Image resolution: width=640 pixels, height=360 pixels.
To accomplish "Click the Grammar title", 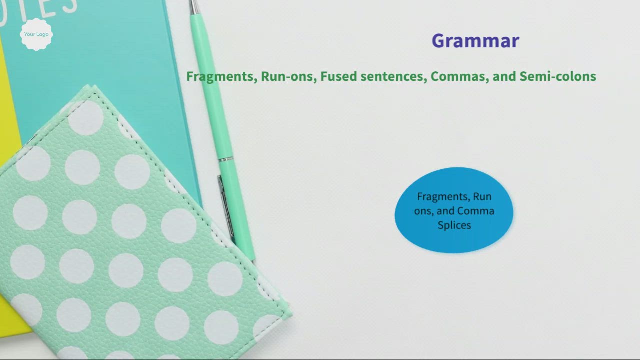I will (x=475, y=41).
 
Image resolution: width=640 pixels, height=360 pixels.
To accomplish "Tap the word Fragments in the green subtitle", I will (x=220, y=76).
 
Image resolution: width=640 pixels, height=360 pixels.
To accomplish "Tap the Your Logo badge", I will (x=36, y=34).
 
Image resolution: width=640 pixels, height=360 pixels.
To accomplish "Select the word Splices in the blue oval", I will (x=454, y=225).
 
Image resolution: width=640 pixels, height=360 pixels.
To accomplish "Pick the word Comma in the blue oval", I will (x=475, y=211).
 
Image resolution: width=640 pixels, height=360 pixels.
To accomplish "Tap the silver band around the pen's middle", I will (x=226, y=159).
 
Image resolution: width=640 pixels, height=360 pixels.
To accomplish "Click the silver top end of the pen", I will (x=193, y=6).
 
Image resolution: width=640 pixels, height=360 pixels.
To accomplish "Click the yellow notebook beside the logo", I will (x=7, y=100).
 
